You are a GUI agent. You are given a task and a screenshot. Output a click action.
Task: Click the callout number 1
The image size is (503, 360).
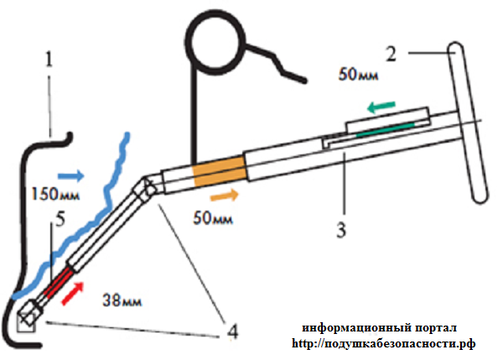(x=49, y=60)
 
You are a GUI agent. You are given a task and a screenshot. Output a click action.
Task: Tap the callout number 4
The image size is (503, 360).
(x=232, y=332)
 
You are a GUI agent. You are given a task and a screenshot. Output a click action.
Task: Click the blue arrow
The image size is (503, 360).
(x=72, y=176)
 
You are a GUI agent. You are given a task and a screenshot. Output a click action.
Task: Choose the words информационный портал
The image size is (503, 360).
(x=380, y=327)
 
